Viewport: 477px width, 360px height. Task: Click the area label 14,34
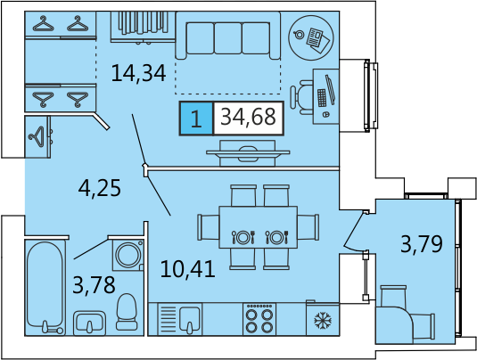click(x=138, y=73)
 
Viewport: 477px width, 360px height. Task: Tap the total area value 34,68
click(x=248, y=117)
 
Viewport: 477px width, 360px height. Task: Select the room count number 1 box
click(x=196, y=119)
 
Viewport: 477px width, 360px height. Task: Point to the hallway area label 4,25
click(x=100, y=188)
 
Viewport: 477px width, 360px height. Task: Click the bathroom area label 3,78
click(x=94, y=285)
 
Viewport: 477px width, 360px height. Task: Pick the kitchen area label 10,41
click(x=188, y=269)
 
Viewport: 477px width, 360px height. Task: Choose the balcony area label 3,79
click(x=422, y=244)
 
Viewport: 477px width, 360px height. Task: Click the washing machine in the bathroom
click(x=128, y=255)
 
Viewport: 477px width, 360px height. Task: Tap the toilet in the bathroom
click(x=127, y=312)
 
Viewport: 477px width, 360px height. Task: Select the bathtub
click(x=45, y=287)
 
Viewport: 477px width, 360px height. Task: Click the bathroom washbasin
click(x=89, y=323)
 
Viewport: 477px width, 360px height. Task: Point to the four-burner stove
click(x=259, y=319)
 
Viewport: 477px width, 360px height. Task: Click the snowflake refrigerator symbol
click(x=323, y=320)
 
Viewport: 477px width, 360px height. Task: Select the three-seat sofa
click(x=228, y=36)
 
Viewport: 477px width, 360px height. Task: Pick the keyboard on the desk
click(x=322, y=98)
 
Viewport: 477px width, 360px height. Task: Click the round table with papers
click(x=311, y=37)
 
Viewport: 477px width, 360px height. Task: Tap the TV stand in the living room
click(x=248, y=153)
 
